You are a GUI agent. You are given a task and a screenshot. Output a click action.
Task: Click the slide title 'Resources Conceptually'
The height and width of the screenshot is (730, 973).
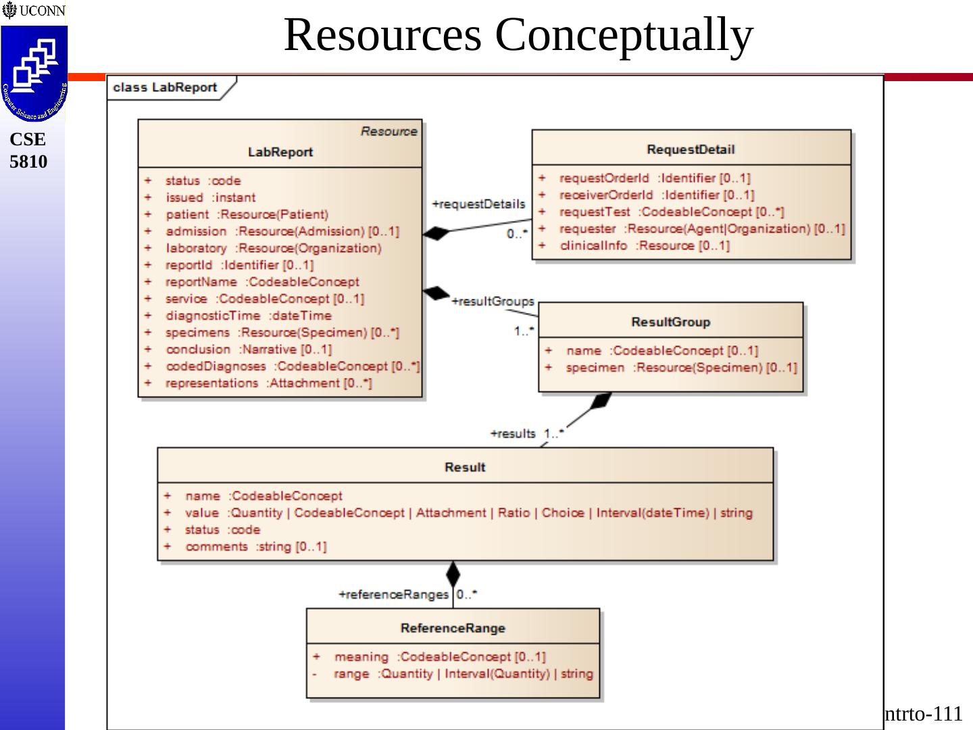point(518,35)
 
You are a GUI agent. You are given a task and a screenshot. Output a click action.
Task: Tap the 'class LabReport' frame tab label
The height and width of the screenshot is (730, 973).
point(165,88)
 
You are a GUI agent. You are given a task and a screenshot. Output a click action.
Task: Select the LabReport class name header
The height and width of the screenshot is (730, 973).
point(280,152)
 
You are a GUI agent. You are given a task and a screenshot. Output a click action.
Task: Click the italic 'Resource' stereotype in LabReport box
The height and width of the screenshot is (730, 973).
point(389,131)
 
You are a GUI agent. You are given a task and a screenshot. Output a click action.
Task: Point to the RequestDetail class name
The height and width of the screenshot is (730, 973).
point(690,149)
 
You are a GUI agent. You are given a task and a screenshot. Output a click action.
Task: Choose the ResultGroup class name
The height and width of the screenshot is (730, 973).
point(670,322)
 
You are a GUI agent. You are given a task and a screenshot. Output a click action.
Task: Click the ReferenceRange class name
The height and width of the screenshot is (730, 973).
point(453,628)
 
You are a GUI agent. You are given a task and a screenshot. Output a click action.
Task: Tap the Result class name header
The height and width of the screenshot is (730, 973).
point(465,467)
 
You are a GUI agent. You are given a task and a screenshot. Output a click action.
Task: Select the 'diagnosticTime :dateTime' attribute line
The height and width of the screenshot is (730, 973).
point(248,316)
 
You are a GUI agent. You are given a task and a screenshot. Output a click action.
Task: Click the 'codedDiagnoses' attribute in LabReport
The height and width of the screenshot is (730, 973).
point(216,366)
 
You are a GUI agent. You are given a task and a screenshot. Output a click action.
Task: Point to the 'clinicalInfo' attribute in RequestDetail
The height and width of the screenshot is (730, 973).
point(593,245)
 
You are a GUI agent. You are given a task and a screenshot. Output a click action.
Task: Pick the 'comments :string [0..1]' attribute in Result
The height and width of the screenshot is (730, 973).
point(255,546)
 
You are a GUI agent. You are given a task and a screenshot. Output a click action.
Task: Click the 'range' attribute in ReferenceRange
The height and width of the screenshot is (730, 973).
point(351,673)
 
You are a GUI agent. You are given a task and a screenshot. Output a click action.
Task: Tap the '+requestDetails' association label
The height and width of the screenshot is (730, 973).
point(478,204)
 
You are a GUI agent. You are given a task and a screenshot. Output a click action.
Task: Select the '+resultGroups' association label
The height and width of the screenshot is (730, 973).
point(493,301)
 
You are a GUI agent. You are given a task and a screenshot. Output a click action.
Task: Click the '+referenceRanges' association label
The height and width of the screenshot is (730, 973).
point(393,595)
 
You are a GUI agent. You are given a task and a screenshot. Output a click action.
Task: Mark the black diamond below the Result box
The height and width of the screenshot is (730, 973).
point(453,575)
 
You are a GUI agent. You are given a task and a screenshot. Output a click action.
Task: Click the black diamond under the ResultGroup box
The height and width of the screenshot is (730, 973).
point(600,401)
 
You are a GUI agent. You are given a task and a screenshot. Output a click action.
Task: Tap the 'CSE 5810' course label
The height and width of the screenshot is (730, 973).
point(28,150)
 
